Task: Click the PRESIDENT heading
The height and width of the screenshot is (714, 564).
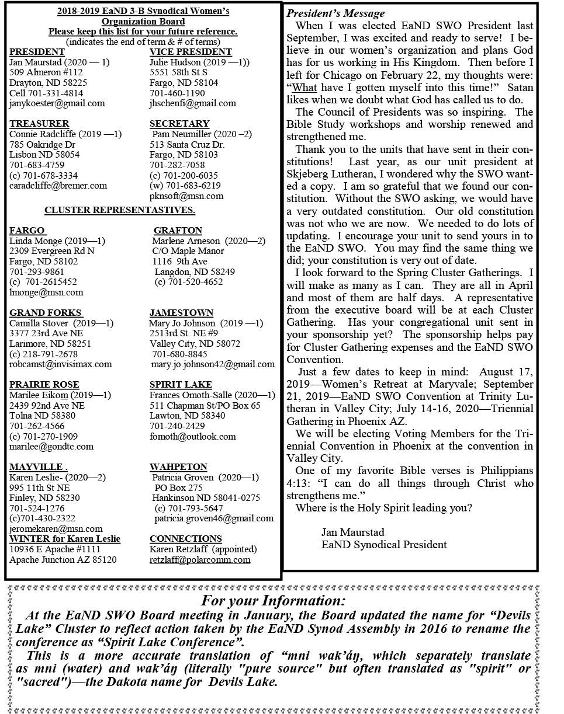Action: tap(37, 52)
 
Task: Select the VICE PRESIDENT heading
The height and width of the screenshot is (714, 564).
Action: tap(191, 52)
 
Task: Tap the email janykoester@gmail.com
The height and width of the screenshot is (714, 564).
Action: tap(57, 103)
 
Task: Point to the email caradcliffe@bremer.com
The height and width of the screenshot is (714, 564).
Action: tap(58, 186)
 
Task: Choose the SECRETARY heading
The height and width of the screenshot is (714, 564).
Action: tap(179, 124)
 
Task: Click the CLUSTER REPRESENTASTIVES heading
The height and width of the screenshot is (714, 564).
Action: tap(120, 210)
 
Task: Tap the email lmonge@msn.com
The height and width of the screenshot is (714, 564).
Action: tap(46, 292)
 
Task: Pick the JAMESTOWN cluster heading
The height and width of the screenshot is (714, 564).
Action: tap(181, 313)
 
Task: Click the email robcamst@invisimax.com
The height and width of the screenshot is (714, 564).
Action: tap(60, 364)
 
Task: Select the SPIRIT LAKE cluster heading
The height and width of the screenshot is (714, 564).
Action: tap(181, 385)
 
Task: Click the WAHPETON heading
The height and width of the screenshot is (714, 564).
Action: tap(178, 467)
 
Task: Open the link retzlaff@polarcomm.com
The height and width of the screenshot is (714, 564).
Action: tap(200, 560)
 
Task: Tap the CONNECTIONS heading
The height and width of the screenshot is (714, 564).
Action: tap(186, 539)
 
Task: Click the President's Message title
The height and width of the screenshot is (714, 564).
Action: tap(335, 13)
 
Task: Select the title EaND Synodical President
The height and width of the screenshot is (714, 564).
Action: tap(384, 545)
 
